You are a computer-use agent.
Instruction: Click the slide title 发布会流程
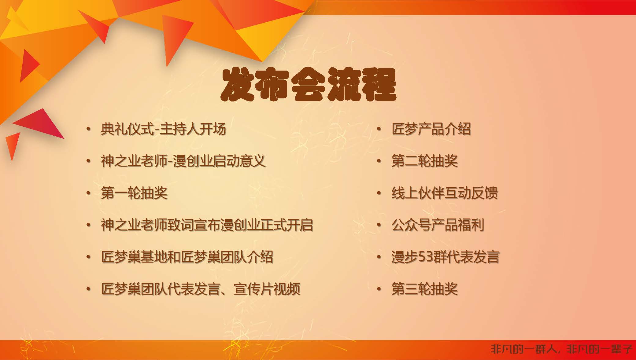[308, 85]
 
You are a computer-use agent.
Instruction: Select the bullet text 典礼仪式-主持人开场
[164, 129]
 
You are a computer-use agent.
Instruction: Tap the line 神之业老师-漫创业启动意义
[183, 161]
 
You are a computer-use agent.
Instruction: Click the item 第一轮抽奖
[134, 193]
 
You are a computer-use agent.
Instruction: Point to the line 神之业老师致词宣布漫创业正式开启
[207, 225]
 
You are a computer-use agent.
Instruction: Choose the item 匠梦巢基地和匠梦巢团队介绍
[187, 257]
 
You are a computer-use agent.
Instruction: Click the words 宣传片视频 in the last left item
[267, 289]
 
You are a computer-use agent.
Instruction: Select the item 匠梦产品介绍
[431, 129]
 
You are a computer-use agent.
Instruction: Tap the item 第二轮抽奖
[425, 161]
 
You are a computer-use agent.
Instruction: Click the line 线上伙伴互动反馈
[445, 193]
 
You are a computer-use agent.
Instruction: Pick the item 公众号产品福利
[438, 225]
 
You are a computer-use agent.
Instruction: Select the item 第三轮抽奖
[425, 289]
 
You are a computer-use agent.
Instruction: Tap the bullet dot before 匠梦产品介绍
[379, 130]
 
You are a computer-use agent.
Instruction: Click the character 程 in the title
[379, 85]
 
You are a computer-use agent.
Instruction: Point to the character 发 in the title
[238, 85]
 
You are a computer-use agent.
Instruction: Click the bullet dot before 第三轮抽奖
[379, 290]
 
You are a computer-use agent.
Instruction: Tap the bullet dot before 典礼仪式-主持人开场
[89, 130]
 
